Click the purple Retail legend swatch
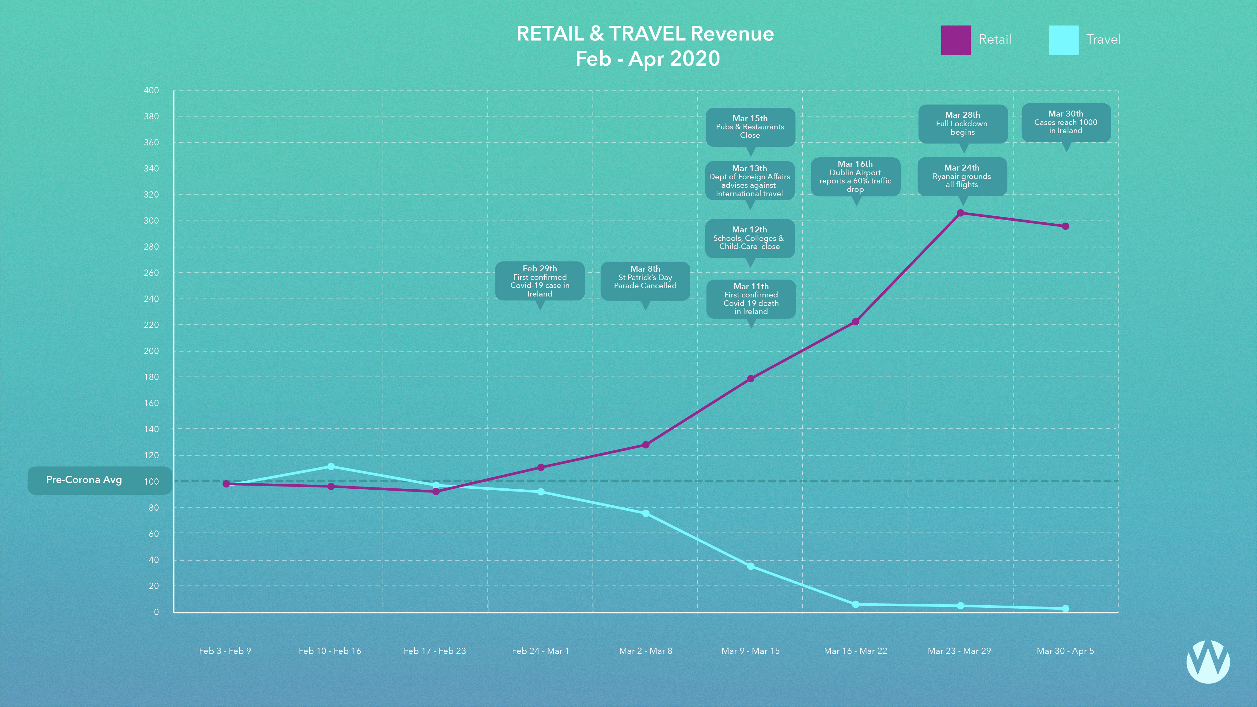(x=955, y=40)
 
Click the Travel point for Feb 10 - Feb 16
(x=331, y=466)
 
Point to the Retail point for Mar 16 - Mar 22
(x=855, y=322)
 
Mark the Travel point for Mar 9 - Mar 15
(x=751, y=566)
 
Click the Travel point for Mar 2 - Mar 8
(x=646, y=513)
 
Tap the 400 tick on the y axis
(x=151, y=90)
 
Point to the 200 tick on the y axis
(x=151, y=351)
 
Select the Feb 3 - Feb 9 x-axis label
(x=225, y=651)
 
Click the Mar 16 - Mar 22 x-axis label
(x=855, y=651)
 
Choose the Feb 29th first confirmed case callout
(x=540, y=281)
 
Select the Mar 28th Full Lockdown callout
(x=962, y=123)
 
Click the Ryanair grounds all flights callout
(x=962, y=176)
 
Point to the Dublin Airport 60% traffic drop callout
(x=855, y=177)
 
